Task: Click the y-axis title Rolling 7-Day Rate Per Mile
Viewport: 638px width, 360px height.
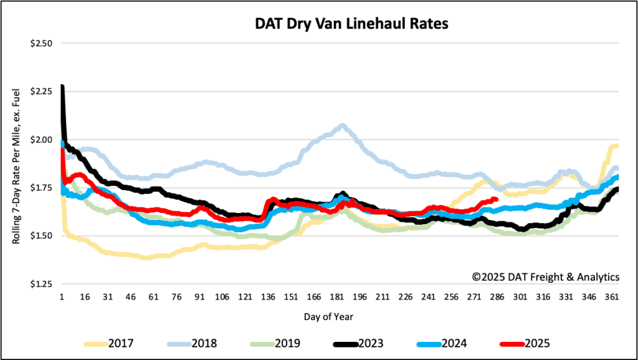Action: tap(18, 164)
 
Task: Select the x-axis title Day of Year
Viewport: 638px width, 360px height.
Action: tap(328, 316)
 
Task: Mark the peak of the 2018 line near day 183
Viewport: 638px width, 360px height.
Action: tap(343, 126)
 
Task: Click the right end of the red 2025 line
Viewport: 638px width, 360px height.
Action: tap(495, 199)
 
